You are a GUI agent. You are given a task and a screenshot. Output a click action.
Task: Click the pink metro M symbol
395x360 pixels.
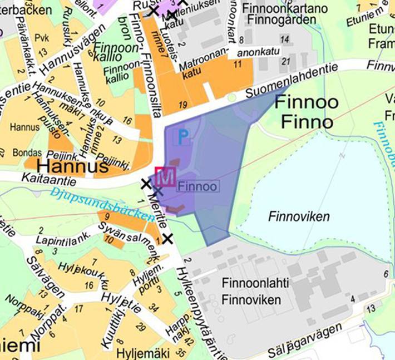tap(166, 177)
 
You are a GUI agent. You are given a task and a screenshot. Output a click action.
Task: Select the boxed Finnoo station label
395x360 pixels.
tap(197, 186)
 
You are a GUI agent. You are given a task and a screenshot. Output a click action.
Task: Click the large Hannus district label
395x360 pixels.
tap(72, 167)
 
